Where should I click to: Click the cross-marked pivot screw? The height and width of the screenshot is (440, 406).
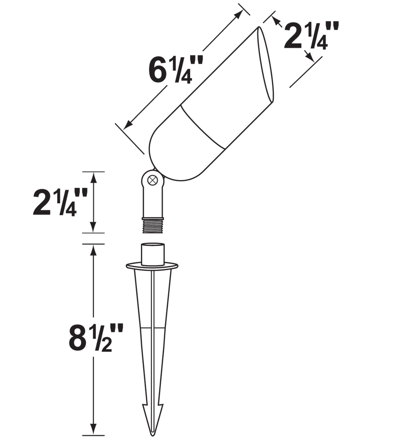click(152, 180)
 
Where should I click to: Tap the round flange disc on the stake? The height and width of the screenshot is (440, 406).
click(152, 265)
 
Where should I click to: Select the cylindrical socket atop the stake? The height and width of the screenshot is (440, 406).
click(152, 254)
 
